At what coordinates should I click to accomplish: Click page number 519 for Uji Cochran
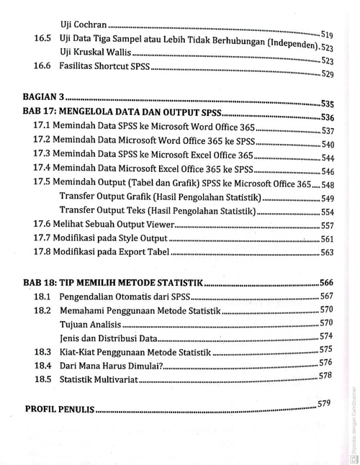326,35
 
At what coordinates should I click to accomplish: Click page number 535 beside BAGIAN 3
328,104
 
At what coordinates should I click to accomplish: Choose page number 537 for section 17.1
328,131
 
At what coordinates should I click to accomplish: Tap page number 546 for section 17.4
328,171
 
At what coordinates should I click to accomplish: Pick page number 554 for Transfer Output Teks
328,212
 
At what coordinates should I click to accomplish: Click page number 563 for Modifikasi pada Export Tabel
328,253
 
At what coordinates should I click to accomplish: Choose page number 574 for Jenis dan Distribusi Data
325,336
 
